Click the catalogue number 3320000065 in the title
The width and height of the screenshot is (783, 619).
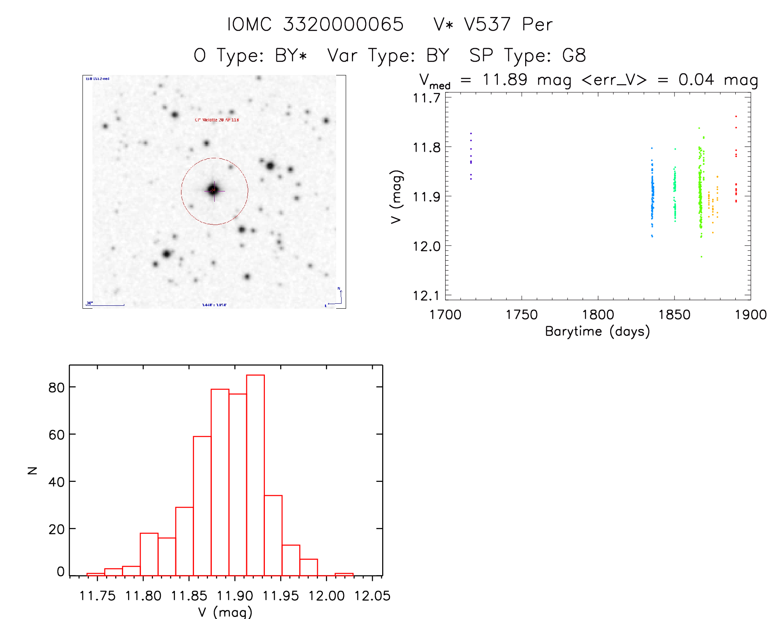pyautogui.click(x=343, y=24)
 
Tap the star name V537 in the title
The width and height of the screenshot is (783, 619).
pyautogui.click(x=487, y=24)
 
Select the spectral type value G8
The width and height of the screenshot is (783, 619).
pyautogui.click(x=574, y=56)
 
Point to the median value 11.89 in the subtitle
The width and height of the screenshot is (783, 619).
pyautogui.click(x=504, y=80)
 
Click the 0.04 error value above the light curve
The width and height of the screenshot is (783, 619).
pyautogui.click(x=696, y=80)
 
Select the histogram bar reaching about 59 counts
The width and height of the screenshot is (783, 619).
pyautogui.click(x=202, y=505)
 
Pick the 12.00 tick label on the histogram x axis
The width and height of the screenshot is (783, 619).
pyautogui.click(x=327, y=596)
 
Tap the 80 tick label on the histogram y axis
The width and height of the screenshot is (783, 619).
pyautogui.click(x=56, y=387)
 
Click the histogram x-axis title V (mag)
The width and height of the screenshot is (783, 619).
pyautogui.click(x=225, y=612)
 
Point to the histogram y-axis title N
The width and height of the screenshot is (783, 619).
pyautogui.click(x=32, y=470)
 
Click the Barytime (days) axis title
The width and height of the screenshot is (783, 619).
pyautogui.click(x=597, y=331)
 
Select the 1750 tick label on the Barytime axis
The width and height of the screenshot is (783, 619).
pyautogui.click(x=521, y=315)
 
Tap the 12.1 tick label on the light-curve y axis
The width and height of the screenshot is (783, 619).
pyautogui.click(x=426, y=296)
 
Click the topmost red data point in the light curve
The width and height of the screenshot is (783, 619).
pyautogui.click(x=736, y=116)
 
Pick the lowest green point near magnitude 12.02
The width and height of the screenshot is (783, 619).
pyautogui.click(x=701, y=257)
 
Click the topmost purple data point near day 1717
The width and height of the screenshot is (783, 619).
pyautogui.click(x=471, y=133)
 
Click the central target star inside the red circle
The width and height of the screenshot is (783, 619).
pyautogui.click(x=214, y=190)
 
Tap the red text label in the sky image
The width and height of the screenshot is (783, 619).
pyautogui.click(x=217, y=120)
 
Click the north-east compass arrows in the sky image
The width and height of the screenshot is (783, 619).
pyautogui.click(x=337, y=297)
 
